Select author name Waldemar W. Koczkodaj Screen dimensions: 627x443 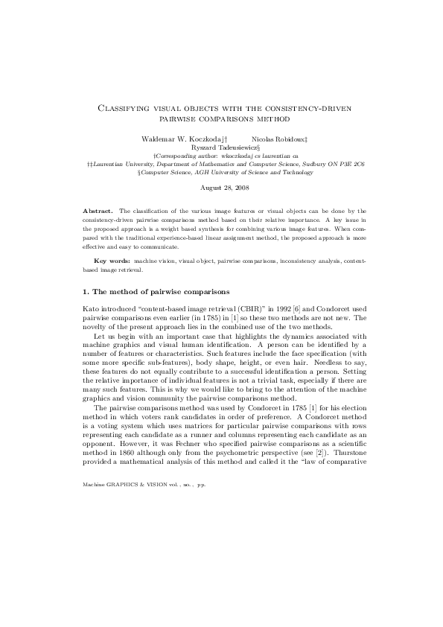182,139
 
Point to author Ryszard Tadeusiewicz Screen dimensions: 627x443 223,147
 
